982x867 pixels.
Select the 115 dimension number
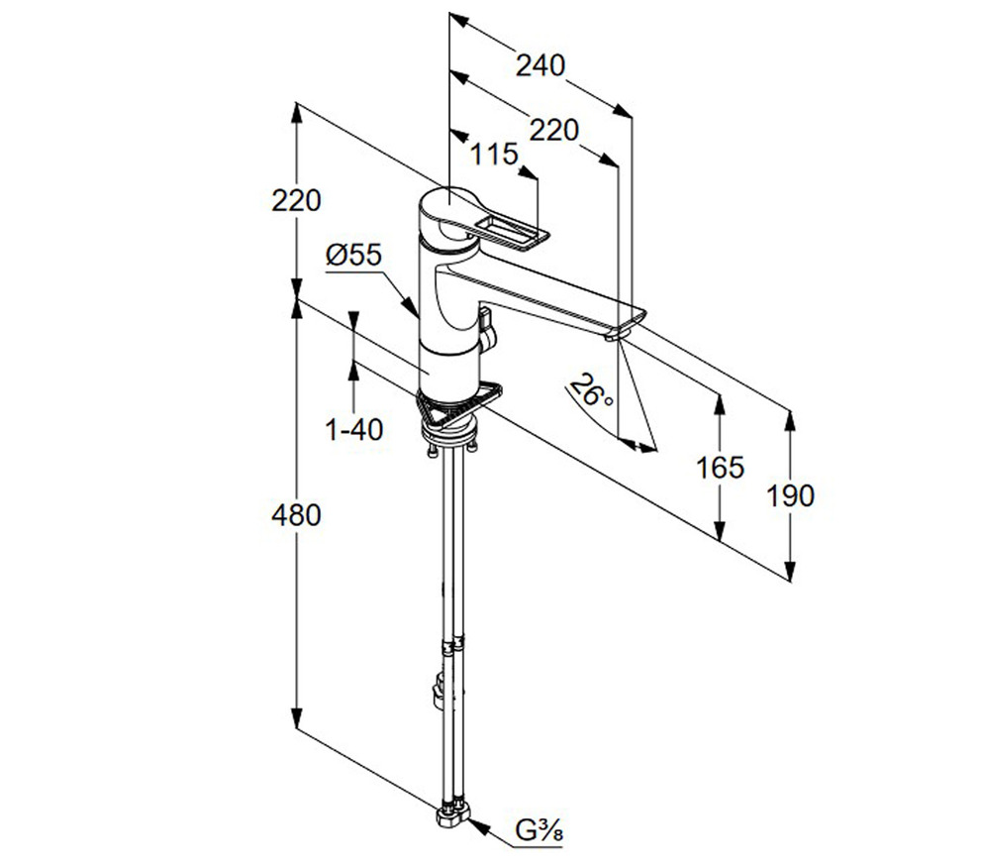495,154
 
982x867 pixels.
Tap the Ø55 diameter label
353,255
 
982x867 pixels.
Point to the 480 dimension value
297,515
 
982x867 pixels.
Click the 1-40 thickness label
354,429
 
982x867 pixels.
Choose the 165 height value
720,467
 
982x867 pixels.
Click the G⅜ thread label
540,827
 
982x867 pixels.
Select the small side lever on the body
485,324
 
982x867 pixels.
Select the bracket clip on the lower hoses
438,690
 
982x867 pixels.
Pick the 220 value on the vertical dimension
297,200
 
